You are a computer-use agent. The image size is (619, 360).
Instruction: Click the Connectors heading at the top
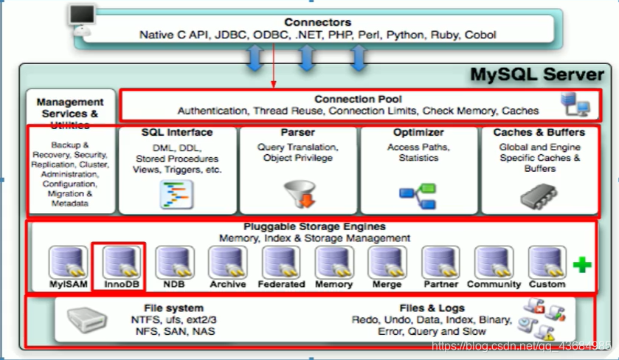317,23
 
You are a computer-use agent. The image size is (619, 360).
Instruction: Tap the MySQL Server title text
538,75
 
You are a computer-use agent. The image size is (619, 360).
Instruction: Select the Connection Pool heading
358,99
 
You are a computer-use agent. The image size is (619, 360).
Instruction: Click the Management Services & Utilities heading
70,113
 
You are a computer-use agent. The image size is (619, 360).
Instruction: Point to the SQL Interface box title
177,133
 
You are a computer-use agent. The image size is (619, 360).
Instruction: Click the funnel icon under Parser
298,194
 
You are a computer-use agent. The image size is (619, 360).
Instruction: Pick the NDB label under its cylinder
174,284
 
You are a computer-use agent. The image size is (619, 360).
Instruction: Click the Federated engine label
280,284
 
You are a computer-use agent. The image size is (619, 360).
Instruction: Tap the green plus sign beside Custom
582,265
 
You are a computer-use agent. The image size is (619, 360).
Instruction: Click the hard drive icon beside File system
88,319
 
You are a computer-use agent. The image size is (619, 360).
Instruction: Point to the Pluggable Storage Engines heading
314,227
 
